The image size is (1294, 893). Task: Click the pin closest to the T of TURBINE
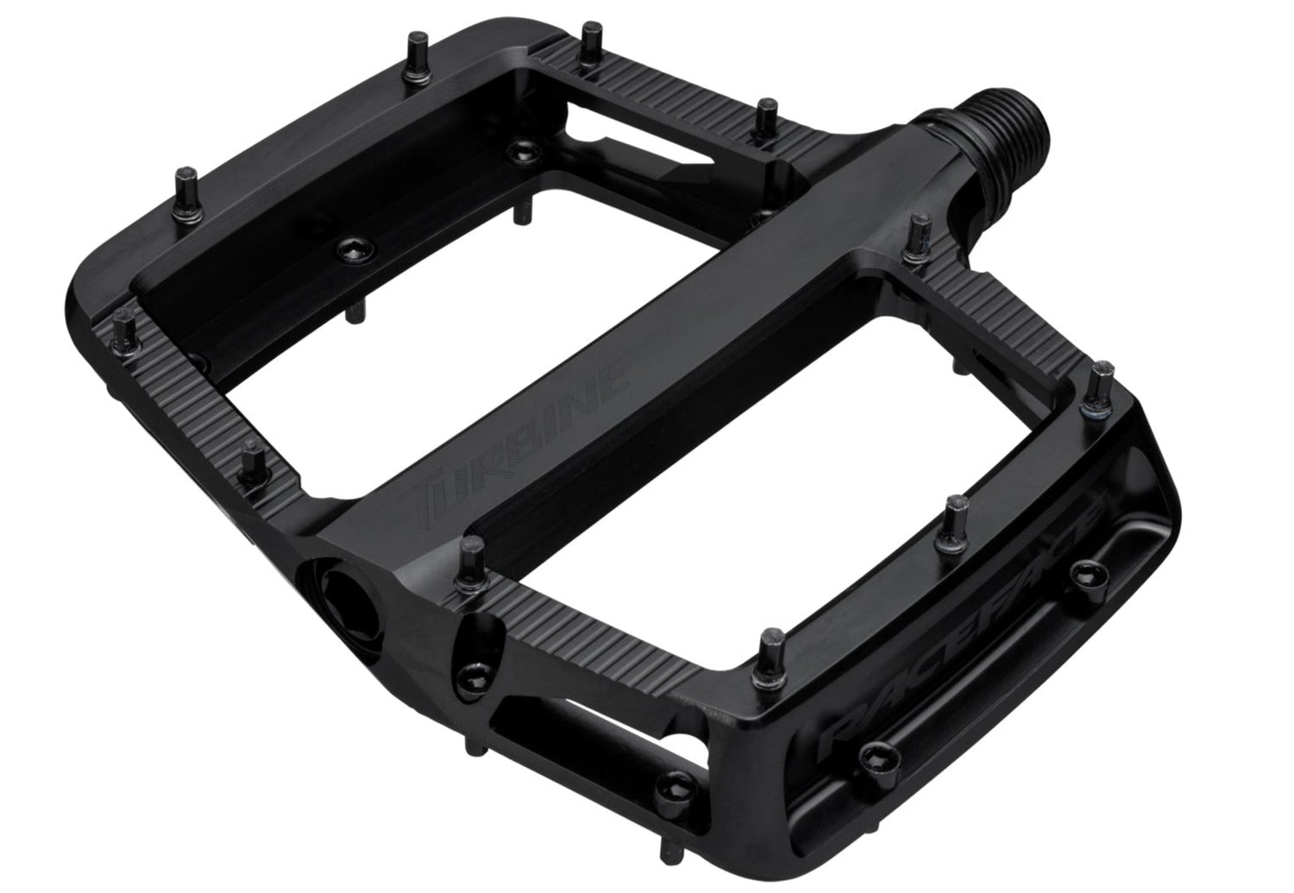click(473, 565)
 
